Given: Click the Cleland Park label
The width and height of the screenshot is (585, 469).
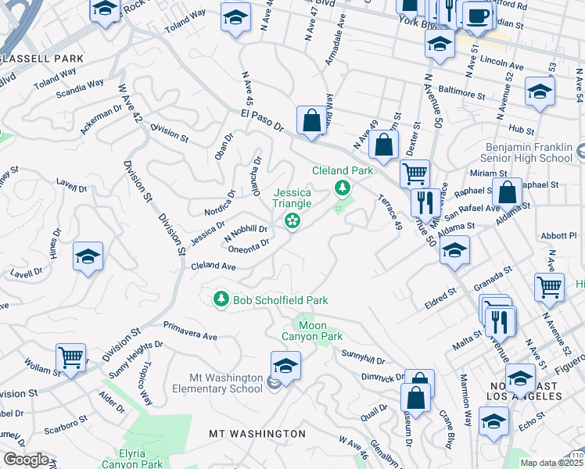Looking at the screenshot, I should pyautogui.click(x=342, y=170).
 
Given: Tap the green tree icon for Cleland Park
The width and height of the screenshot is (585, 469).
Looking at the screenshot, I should pyautogui.click(x=342, y=188).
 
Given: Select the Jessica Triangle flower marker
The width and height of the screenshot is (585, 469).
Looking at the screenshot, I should pyautogui.click(x=292, y=222).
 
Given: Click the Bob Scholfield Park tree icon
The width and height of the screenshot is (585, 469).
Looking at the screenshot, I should pyautogui.click(x=221, y=299).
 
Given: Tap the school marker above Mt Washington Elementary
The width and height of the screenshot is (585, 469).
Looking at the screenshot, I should pyautogui.click(x=285, y=366).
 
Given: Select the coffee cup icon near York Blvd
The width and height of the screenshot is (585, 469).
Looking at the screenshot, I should pyautogui.click(x=476, y=15).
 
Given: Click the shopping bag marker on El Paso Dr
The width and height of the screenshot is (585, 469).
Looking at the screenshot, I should pyautogui.click(x=311, y=121).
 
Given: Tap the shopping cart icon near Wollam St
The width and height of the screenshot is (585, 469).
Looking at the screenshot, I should pyautogui.click(x=71, y=358).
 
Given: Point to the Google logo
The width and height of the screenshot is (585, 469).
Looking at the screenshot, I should pyautogui.click(x=26, y=460).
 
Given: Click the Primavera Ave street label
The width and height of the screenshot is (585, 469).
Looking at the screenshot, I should pyautogui.click(x=190, y=331).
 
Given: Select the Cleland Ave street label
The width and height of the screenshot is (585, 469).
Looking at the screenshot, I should pyautogui.click(x=214, y=267).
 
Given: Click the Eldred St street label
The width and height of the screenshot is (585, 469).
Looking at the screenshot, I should pyautogui.click(x=440, y=298).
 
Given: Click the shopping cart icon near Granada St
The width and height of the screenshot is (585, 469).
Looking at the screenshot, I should pyautogui.click(x=549, y=287).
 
